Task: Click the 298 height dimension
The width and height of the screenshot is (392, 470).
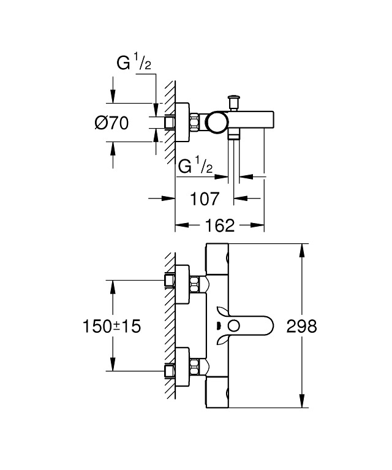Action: coord(301,327)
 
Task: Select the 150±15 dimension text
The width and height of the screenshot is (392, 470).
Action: coord(111,327)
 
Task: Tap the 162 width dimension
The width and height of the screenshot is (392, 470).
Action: coord(220,226)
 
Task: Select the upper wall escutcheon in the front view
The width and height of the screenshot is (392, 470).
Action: coord(183,283)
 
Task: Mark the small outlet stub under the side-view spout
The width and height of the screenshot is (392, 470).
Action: coord(232,137)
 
